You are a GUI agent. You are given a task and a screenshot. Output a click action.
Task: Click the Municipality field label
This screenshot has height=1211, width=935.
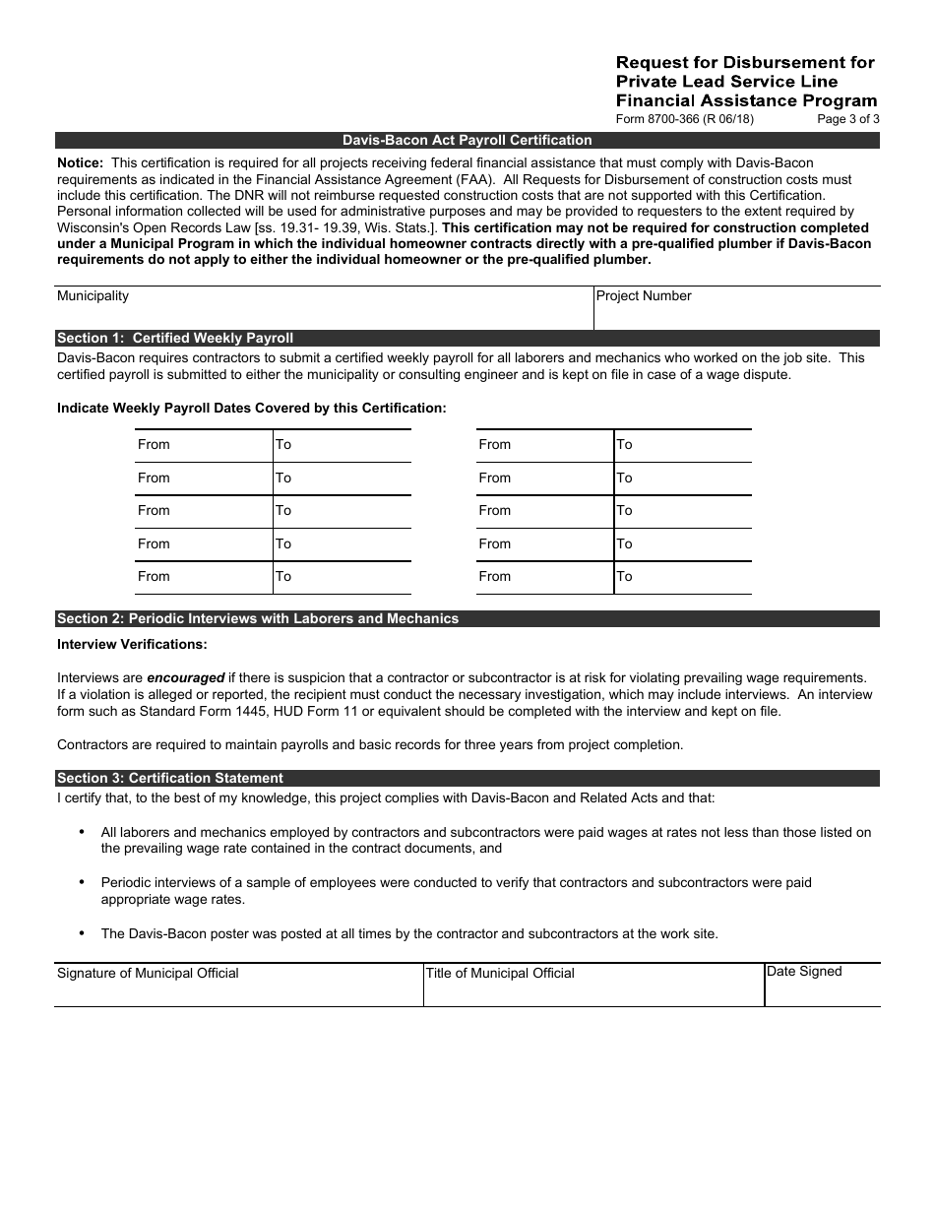click(x=93, y=295)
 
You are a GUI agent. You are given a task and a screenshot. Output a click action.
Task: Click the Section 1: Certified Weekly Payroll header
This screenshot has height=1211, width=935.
click(x=175, y=338)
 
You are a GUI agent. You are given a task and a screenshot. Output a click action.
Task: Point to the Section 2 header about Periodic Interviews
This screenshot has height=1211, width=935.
click(x=258, y=618)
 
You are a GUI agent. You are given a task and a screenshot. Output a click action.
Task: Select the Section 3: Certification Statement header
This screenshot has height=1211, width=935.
click(x=170, y=778)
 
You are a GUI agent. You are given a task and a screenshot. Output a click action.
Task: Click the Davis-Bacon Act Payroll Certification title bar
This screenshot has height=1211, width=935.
click(x=467, y=140)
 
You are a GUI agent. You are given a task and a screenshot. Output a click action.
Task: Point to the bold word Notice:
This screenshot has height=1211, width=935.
click(x=80, y=161)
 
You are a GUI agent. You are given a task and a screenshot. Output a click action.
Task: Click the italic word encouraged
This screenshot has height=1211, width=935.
click(x=186, y=677)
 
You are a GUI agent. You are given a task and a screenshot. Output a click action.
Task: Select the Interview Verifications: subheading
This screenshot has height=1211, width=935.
click(x=132, y=644)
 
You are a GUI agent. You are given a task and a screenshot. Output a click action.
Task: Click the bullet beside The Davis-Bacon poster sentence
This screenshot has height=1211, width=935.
click(x=81, y=933)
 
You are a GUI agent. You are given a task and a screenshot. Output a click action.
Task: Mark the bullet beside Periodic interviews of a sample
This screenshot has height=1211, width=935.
click(x=81, y=882)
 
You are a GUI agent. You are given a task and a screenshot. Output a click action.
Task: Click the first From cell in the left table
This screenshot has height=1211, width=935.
click(x=203, y=445)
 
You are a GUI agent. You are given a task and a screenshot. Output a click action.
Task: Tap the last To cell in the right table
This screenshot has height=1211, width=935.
click(x=682, y=577)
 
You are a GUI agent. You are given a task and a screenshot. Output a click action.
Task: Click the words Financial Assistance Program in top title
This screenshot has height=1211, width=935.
click(x=746, y=100)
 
